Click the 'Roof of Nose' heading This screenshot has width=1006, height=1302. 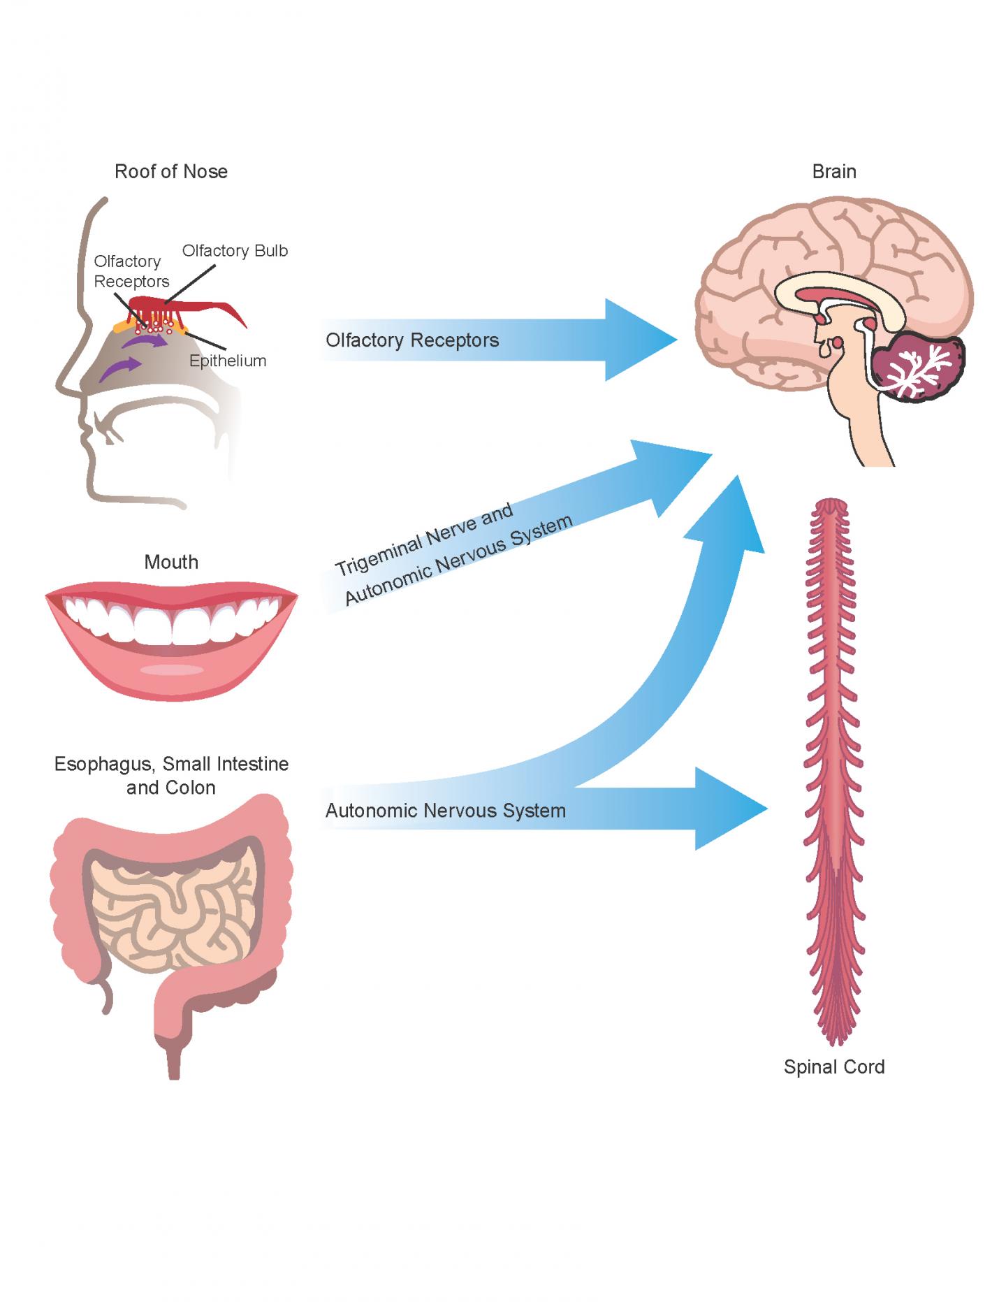171,172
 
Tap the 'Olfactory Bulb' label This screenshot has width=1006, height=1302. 235,251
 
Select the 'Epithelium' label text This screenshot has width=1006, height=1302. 228,361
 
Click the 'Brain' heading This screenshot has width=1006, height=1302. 834,172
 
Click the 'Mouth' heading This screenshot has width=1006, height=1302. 171,563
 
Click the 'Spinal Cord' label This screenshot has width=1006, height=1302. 834,1067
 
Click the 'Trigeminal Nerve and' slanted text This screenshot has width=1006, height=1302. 424,539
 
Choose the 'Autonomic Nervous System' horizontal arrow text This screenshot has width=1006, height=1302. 446,811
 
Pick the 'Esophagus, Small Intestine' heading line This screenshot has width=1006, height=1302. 171,764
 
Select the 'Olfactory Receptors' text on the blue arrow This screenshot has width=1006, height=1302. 412,340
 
